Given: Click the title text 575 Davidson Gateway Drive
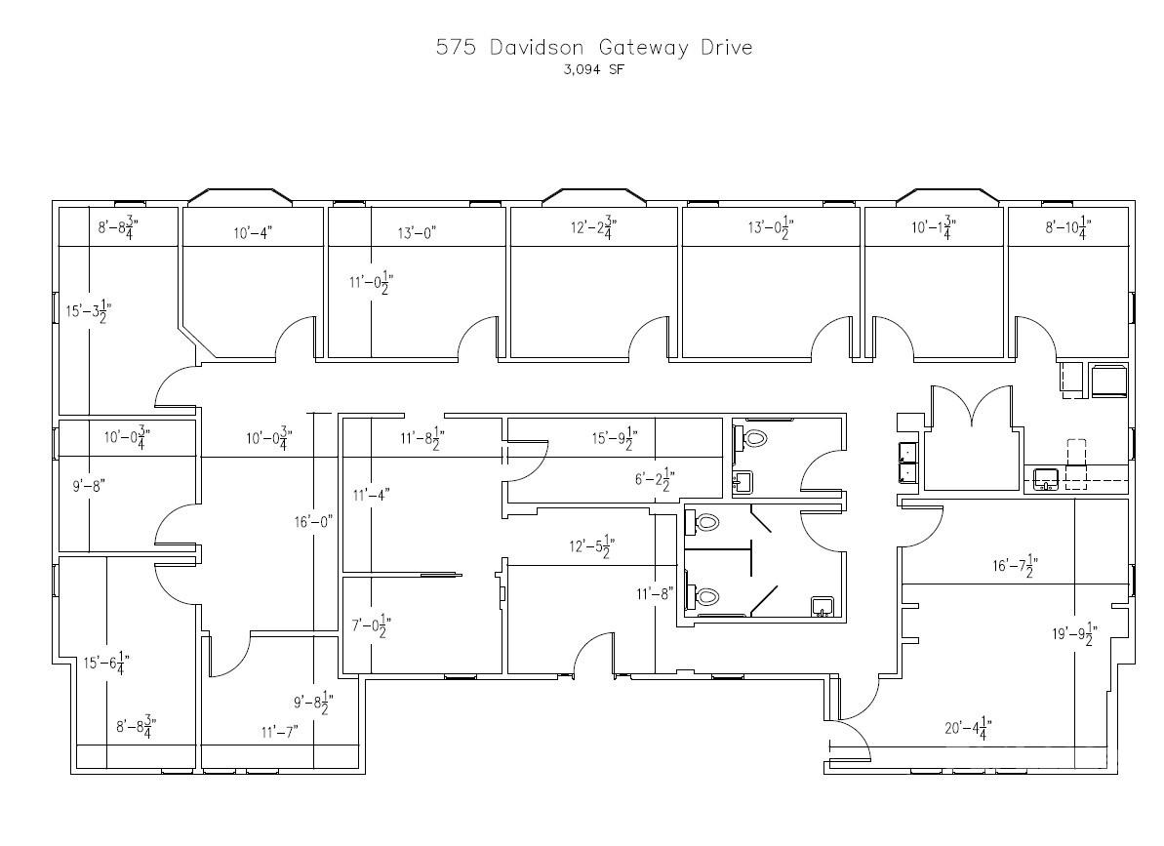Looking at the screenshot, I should coord(594,48).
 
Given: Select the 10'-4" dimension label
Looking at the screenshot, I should coord(253,232).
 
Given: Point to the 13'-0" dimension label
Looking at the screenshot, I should coord(417,232).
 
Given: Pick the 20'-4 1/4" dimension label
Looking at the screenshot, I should coord(968,728).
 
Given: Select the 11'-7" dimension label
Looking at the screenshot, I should coord(279,730).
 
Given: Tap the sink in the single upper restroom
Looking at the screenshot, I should coord(743,480).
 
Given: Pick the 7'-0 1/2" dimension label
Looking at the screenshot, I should coord(371,625).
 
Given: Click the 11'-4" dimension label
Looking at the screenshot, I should coord(372,496).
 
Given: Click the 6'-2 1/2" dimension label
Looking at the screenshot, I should coord(654,479).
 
